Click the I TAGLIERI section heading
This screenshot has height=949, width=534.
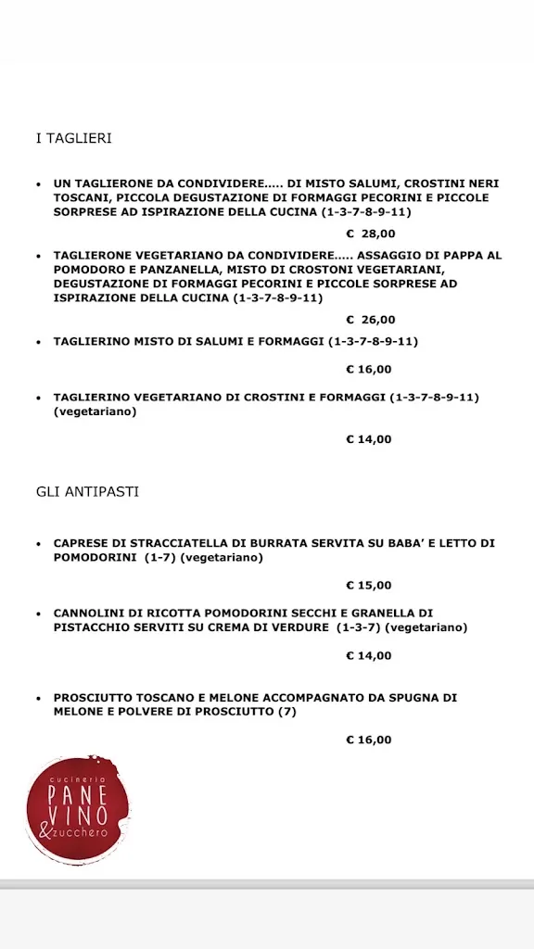click(x=73, y=138)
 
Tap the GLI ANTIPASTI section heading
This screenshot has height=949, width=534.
click(x=87, y=491)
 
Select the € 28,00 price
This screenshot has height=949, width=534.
click(x=370, y=234)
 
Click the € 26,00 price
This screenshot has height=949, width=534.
click(x=370, y=320)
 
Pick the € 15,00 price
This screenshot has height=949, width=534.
click(x=369, y=585)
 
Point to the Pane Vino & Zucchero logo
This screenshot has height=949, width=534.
click(x=79, y=809)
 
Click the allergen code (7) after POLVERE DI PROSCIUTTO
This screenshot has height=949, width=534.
click(x=286, y=711)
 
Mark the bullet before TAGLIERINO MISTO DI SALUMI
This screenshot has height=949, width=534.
click(x=38, y=342)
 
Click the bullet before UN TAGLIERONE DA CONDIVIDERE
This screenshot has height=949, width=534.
click(x=38, y=184)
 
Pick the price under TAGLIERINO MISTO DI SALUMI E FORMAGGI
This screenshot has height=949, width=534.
click(x=369, y=369)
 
